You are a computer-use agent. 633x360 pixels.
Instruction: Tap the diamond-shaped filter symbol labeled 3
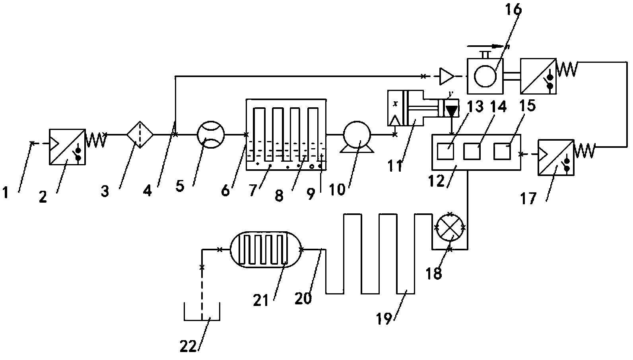coord(140,134)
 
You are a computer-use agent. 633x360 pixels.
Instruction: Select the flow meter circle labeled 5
coord(211,134)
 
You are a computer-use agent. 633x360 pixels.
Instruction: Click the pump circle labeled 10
coord(357,134)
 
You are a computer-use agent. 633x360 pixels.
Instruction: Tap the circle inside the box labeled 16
coord(485,74)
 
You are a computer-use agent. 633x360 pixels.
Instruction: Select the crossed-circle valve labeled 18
coord(450,229)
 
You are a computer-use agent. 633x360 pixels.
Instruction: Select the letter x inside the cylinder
coord(395,103)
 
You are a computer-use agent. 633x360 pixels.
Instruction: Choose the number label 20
coord(303,298)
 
